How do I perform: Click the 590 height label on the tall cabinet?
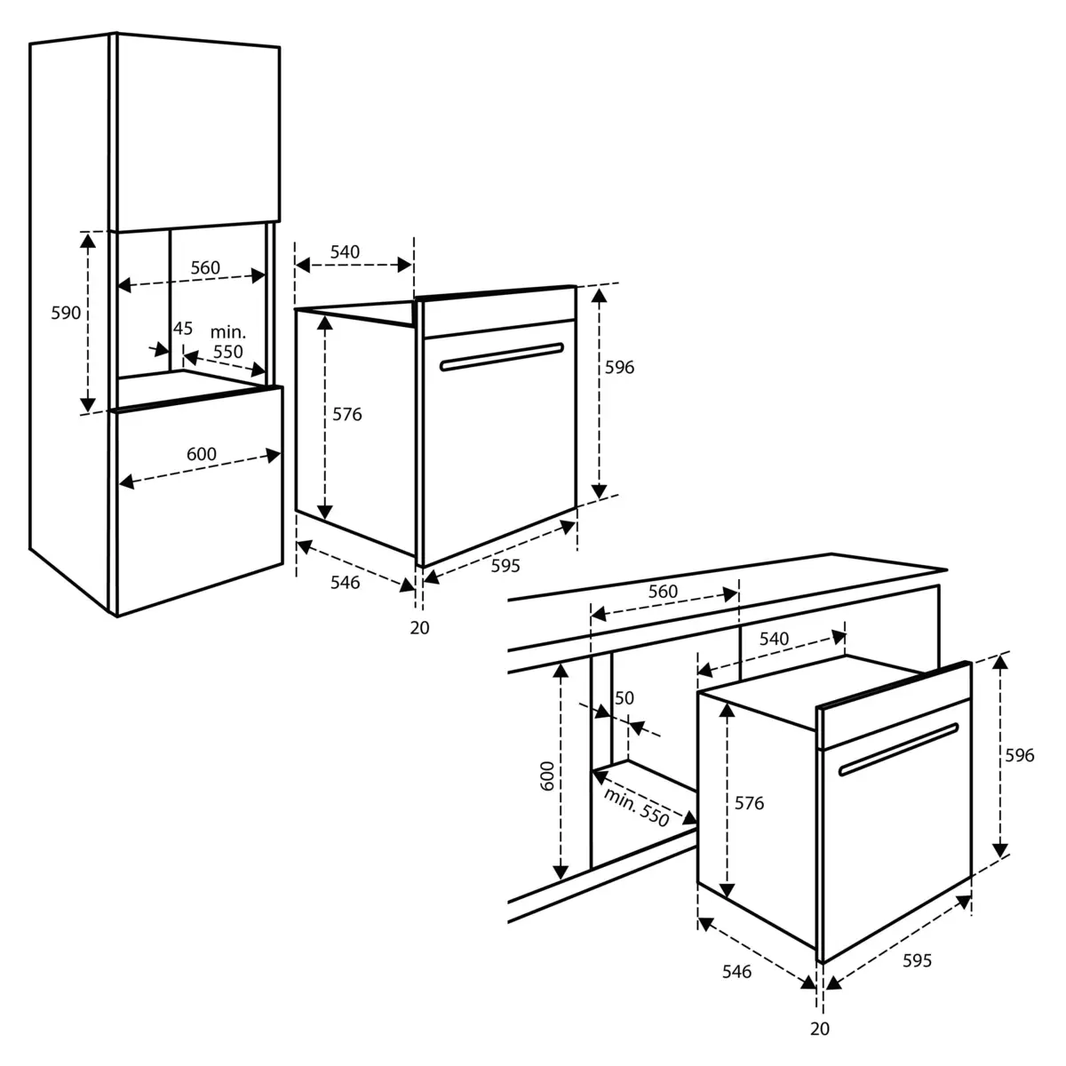click(67, 313)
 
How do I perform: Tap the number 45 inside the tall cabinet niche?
click(182, 329)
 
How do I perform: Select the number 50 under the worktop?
click(624, 698)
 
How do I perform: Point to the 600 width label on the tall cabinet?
click(202, 454)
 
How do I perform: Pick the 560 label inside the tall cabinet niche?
click(204, 268)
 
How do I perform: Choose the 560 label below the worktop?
click(662, 592)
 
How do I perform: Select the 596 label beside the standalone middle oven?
click(619, 367)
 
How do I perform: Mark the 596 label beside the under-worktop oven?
click(1019, 755)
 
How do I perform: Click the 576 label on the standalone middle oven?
click(347, 414)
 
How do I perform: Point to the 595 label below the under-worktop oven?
click(917, 960)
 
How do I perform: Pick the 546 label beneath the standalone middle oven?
click(345, 583)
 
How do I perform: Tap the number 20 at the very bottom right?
click(820, 1029)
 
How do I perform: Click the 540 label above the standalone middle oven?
click(345, 252)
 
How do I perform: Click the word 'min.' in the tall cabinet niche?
click(227, 331)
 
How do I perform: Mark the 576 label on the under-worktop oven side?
click(749, 803)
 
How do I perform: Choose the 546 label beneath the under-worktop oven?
click(736, 972)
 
